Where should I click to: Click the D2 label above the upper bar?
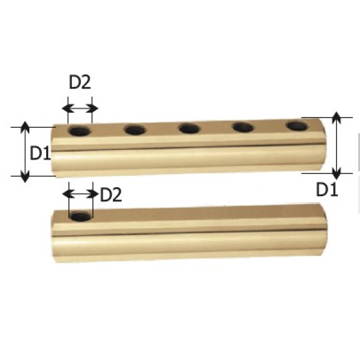point(80,82)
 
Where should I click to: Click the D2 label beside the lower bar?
point(111,194)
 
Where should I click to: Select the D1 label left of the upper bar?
point(40,153)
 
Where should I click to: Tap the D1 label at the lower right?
point(327,189)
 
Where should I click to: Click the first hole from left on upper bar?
point(80,131)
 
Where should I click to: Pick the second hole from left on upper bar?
point(136,130)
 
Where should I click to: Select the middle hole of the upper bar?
point(190,128)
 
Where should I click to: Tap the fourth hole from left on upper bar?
point(243,127)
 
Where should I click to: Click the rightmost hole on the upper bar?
point(297,126)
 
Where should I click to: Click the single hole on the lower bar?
point(80,217)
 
